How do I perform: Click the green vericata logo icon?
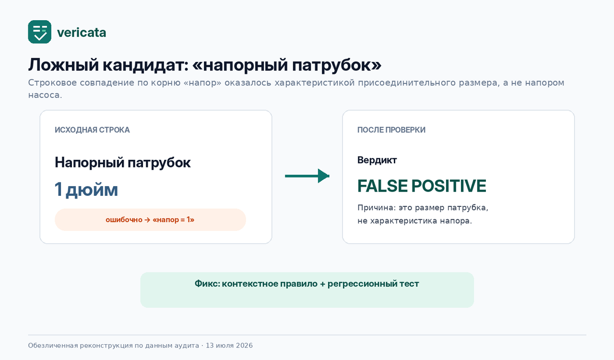[39, 32]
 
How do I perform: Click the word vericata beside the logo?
[82, 33]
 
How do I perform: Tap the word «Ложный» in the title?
[63, 65]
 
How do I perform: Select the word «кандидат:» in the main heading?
[145, 65]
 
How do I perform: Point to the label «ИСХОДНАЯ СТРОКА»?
[92, 130]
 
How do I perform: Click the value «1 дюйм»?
[86, 189]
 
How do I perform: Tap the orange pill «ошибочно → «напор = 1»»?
[150, 219]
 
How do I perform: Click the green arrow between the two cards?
[307, 176]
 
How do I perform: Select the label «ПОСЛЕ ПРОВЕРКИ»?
[391, 130]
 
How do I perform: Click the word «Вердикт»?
[377, 160]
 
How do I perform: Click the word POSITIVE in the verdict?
[449, 186]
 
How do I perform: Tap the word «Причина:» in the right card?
[377, 208]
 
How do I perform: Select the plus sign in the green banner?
[322, 284]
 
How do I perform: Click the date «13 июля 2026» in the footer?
[229, 346]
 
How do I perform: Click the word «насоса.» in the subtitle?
[45, 95]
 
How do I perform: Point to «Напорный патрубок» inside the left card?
[122, 162]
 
